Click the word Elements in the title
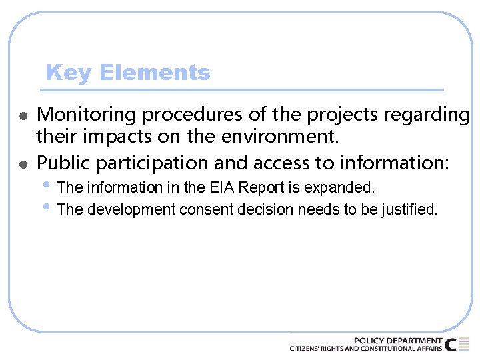click(x=154, y=73)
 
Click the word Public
click(x=61, y=163)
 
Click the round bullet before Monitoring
click(x=22, y=116)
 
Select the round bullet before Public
click(x=22, y=163)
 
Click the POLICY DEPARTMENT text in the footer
click(x=397, y=341)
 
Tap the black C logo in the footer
click(x=451, y=345)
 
